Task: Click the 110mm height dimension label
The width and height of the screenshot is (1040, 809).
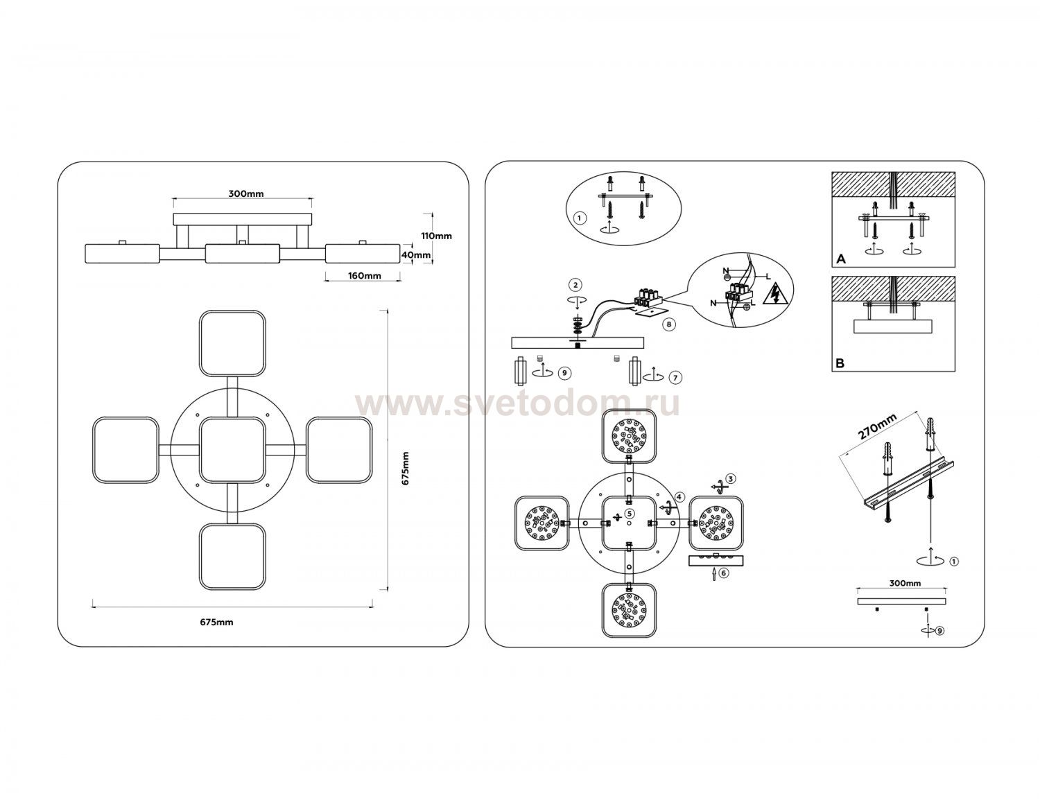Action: click(x=436, y=236)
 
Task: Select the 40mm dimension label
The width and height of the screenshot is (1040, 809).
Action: click(x=416, y=255)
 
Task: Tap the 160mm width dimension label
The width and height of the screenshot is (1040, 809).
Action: click(x=365, y=276)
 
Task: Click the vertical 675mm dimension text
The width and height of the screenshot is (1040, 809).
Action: click(x=405, y=469)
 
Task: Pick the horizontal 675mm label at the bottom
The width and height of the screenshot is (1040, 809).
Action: click(x=216, y=623)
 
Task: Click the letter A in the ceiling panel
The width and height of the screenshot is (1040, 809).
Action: click(x=841, y=259)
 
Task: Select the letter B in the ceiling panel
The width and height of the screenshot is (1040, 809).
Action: click(x=840, y=363)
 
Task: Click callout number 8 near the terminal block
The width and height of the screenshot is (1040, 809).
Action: click(x=668, y=324)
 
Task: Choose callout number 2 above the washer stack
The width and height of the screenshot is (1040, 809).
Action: click(x=575, y=285)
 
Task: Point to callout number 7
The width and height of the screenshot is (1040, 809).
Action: click(x=675, y=378)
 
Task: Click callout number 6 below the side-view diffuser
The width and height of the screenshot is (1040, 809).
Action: click(x=723, y=573)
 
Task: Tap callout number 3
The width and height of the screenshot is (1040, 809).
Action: click(x=730, y=478)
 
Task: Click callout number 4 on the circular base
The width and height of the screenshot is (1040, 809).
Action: click(x=679, y=497)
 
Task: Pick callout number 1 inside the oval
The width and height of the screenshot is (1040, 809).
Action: click(x=579, y=218)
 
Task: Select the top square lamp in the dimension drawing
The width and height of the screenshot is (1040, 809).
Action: click(x=232, y=343)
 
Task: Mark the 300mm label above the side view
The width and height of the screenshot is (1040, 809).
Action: click(x=246, y=194)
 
